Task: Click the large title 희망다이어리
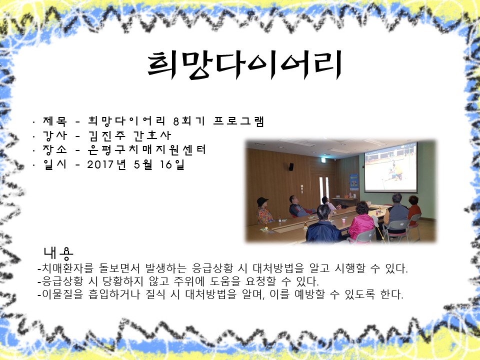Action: tap(244, 65)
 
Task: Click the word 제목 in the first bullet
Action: tap(55, 121)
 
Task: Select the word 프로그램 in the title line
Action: tap(238, 121)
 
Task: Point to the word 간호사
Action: tap(152, 135)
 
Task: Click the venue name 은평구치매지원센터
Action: tap(146, 149)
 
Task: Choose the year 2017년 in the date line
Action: tap(106, 164)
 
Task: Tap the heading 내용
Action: tap(58, 253)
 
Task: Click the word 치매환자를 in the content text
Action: tap(67, 268)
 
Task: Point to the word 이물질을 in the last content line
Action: tap(62, 294)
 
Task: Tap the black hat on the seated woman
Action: tap(262, 201)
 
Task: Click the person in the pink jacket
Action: tap(361, 221)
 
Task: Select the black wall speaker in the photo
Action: tap(291, 167)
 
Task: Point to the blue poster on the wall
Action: tap(354, 182)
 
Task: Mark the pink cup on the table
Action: tap(343, 220)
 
